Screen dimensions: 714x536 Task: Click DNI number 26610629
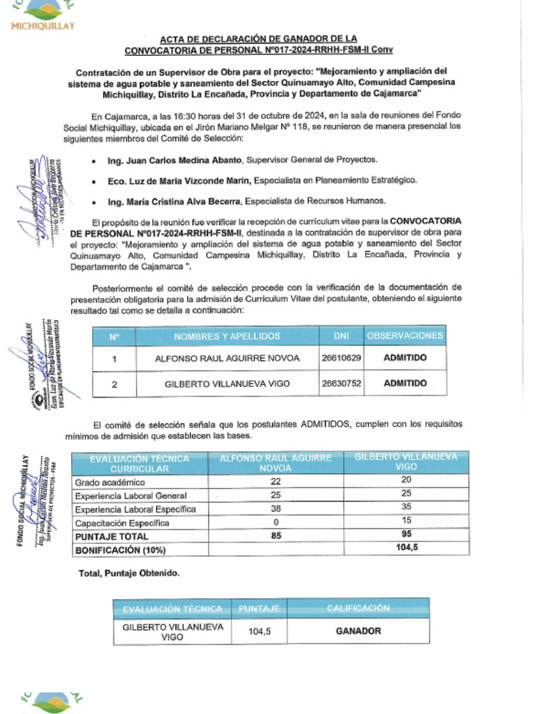coord(341,358)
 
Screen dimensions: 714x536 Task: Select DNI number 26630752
coord(341,383)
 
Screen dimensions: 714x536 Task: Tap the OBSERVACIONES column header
coord(405,335)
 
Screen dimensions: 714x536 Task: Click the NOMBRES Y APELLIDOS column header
coord(227,336)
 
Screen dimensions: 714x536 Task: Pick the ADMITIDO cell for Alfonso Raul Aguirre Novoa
coord(405,358)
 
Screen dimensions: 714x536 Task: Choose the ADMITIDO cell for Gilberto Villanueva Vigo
coord(405,383)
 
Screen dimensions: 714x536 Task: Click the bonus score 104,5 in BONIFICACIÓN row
coord(406,549)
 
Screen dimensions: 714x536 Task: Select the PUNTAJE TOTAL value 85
coord(276,536)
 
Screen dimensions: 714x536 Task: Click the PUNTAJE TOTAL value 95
coord(406,536)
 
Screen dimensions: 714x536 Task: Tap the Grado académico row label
coord(110,483)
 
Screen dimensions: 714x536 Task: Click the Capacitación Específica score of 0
coord(276,522)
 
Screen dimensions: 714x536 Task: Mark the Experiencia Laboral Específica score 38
coord(276,509)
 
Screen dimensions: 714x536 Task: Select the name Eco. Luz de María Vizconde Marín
coord(179,181)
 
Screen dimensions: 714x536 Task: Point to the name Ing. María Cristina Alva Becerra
coord(174,201)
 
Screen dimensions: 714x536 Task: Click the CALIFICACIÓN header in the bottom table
coord(359,608)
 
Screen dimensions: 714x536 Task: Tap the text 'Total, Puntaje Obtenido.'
coord(129,573)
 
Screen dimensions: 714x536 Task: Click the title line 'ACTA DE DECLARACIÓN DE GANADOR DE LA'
coord(258,39)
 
